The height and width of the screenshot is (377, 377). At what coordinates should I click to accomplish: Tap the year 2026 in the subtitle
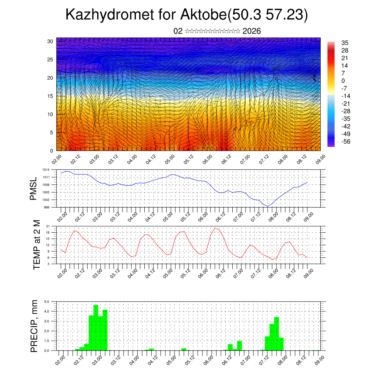pos(252,31)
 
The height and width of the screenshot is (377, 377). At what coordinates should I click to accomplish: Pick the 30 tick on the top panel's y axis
pos(50,41)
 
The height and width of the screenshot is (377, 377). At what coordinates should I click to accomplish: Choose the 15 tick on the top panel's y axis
pos(50,96)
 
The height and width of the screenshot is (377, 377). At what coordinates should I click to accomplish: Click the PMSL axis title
pos(34,188)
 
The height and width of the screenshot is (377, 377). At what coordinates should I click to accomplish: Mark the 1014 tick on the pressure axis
pos(46,170)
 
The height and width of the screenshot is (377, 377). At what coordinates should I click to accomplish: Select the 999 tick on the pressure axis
pos(46,207)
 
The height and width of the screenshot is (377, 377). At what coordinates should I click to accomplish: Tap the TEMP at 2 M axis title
pos(37,244)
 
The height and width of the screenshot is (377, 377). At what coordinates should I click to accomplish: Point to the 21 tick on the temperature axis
pos(48,226)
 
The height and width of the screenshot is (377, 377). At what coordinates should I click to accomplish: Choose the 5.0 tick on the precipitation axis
pos(47,302)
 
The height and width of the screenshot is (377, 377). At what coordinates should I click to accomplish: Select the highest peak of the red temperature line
pos(215,228)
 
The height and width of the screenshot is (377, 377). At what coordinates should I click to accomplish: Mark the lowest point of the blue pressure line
pos(268,206)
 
